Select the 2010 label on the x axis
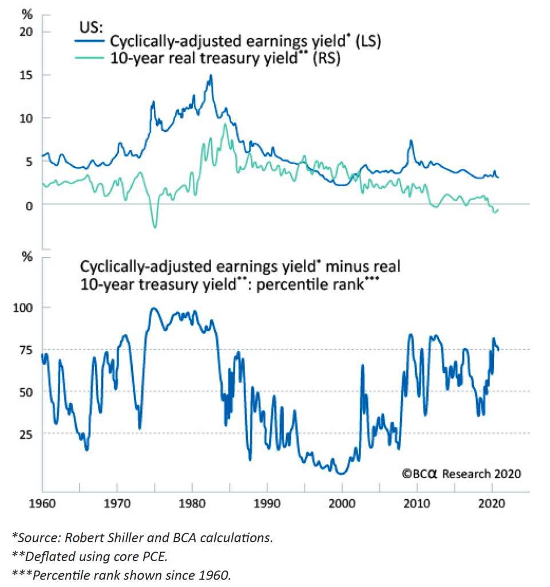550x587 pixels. click(x=417, y=504)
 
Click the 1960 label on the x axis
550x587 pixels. click(x=42, y=504)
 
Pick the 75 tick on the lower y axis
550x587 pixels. click(x=25, y=350)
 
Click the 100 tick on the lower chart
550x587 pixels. click(x=23, y=307)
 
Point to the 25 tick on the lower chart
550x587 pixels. click(x=25, y=434)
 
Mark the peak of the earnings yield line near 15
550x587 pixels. click(x=211, y=75)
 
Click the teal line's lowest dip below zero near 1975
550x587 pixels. click(x=155, y=228)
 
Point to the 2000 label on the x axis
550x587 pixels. click(x=342, y=504)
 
